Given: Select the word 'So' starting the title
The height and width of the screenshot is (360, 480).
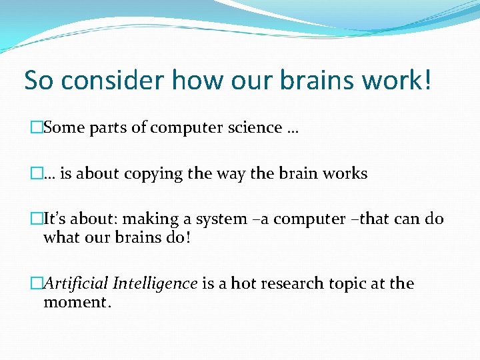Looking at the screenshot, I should click(x=38, y=81).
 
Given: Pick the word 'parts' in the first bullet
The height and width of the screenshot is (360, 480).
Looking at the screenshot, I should click(x=109, y=128).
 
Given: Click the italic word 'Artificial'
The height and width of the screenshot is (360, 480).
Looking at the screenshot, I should click(x=76, y=284).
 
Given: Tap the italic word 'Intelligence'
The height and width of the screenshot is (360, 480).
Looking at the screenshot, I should click(x=155, y=284).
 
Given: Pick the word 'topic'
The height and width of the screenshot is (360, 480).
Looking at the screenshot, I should click(x=344, y=284).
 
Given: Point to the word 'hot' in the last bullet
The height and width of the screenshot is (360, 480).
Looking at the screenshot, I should click(x=243, y=284).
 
